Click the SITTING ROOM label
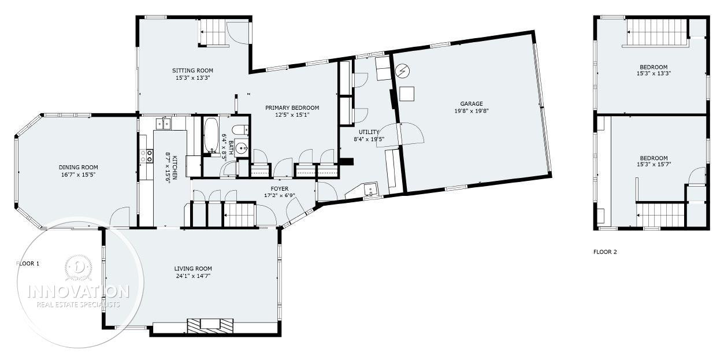(192, 70)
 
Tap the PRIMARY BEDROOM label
(292, 107)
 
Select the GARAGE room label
(471, 104)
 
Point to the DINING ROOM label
(78, 168)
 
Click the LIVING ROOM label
(193, 269)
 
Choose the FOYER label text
(279, 189)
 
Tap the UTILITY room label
(369, 132)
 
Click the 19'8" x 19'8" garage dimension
(471, 111)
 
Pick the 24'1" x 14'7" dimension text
(193, 276)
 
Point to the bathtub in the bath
(211, 135)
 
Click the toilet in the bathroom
(240, 130)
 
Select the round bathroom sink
(242, 149)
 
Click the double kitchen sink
(163, 124)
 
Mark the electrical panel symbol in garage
(403, 70)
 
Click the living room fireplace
(210, 326)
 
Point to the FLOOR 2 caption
(605, 252)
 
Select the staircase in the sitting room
(213, 32)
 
